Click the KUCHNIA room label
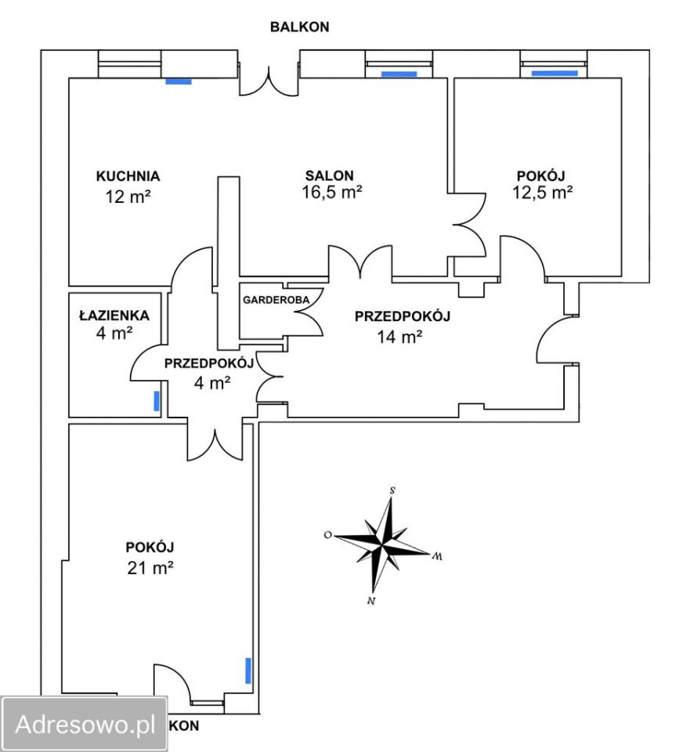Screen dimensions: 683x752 click(128, 176)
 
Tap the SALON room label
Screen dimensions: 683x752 click(330, 175)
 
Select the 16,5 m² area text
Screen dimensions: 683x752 click(331, 193)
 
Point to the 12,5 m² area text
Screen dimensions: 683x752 click(542, 193)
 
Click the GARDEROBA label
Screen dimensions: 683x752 click(276, 300)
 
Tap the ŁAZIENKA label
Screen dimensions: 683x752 click(114, 316)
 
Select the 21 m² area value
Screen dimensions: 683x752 click(150, 568)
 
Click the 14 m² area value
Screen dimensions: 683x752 click(399, 337)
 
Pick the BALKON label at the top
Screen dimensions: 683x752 click(299, 27)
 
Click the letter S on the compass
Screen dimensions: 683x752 click(392, 490)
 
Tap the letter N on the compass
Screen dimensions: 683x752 click(370, 601)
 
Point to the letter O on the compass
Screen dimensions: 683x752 click(328, 535)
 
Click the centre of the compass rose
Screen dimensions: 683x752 click(382, 545)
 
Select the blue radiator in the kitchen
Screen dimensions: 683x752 click(179, 81)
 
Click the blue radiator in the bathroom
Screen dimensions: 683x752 click(157, 401)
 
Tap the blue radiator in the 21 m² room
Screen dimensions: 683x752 click(248, 671)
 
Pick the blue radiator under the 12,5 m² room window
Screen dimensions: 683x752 click(555, 74)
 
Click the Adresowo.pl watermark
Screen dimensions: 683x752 click(85, 724)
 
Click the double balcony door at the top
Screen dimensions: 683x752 click(269, 81)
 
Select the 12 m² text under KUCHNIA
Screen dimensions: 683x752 click(128, 197)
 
